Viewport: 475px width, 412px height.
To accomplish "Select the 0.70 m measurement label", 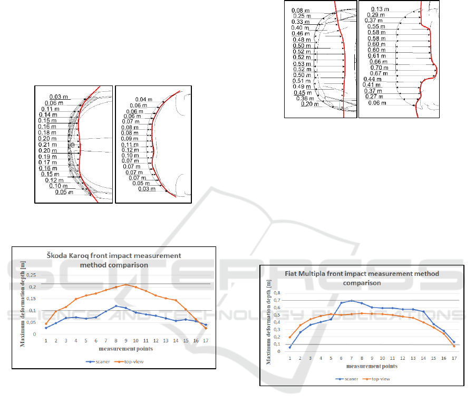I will (x=375, y=68).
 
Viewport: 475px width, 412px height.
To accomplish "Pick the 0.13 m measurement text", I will (x=380, y=9).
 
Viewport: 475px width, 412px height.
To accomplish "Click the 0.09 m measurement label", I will (x=130, y=139).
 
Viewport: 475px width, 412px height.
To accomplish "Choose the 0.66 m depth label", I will (x=375, y=62).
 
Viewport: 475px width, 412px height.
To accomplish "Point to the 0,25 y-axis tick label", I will (x=31, y=275).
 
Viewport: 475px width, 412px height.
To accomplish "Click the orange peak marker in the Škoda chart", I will (x=125, y=285).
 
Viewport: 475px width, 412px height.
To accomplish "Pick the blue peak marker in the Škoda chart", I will (x=116, y=306).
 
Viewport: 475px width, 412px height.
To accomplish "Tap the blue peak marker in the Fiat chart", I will (x=352, y=301).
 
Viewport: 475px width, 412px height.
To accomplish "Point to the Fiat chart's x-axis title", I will (x=371, y=366).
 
